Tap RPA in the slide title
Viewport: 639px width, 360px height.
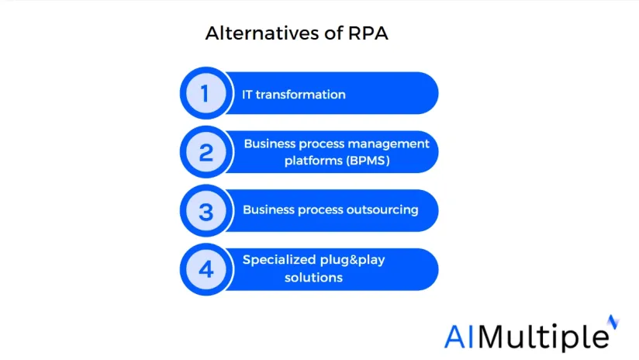(368, 33)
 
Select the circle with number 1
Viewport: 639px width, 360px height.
(206, 93)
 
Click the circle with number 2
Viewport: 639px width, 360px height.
(206, 152)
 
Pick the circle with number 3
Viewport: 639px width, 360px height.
(206, 211)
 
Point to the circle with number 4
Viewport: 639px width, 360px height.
(206, 269)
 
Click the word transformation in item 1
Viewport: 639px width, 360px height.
(301, 95)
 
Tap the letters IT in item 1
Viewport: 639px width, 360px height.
(247, 95)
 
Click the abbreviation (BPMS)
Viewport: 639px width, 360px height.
(368, 161)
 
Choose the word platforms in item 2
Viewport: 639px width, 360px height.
(313, 161)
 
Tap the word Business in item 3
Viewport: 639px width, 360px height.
(268, 209)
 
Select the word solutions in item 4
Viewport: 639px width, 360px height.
(313, 278)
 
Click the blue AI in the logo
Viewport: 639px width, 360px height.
(460, 337)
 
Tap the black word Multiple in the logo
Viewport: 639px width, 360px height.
(544, 337)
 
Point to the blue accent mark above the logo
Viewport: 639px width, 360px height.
(613, 322)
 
